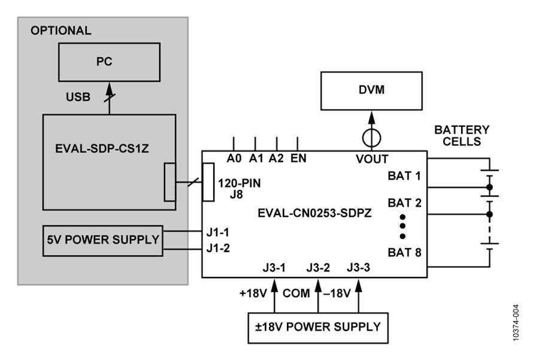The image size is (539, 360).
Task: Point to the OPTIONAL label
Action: point(61,31)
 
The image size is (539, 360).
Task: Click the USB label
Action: point(78,97)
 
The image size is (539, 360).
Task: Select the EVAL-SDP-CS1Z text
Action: point(102,149)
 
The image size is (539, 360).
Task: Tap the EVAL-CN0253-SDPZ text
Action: point(314,213)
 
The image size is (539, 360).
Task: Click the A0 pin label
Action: point(234,159)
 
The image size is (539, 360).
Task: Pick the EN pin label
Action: point(298,159)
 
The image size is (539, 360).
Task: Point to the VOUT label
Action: point(372,159)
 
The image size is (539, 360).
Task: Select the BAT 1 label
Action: point(404,176)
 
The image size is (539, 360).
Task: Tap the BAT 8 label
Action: point(404,252)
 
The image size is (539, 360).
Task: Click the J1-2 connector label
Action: point(218,248)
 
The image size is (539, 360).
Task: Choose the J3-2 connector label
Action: point(318,268)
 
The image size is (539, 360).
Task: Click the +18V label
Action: point(253,294)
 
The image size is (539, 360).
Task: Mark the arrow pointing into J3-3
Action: point(359,297)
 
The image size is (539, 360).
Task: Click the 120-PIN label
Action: point(239,183)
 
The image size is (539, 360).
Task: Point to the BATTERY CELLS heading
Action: point(462,135)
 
